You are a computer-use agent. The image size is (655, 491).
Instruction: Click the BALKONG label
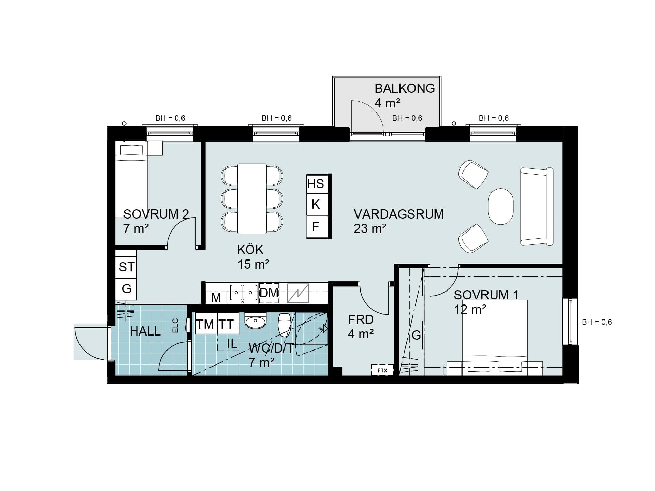pos(405,88)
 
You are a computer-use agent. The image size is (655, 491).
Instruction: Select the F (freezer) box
pos(317,227)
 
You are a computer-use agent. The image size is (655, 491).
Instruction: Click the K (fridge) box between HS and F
pos(317,205)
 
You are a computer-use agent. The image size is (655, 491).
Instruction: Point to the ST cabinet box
pos(126,267)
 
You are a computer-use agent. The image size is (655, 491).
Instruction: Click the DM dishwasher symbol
pos(269,293)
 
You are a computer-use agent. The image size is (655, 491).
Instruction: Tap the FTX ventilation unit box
pos(382,370)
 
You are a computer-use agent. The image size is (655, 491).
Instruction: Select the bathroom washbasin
pos(255,321)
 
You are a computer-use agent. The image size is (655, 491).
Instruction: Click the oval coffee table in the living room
pos(500,206)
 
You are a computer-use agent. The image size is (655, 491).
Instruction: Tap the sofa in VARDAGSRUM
pos(536,206)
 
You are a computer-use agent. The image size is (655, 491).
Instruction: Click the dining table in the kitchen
pos(252,199)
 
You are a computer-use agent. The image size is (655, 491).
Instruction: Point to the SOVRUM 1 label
pos(486,295)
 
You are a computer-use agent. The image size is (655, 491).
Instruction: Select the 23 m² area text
pos(370,228)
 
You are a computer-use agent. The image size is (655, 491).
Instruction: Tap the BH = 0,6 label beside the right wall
pos(597,322)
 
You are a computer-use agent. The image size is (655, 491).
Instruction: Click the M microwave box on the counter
pos(216,297)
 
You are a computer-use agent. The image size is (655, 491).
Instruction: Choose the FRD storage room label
pos(361,319)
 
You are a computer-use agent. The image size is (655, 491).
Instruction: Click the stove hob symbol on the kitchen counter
pos(298,293)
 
